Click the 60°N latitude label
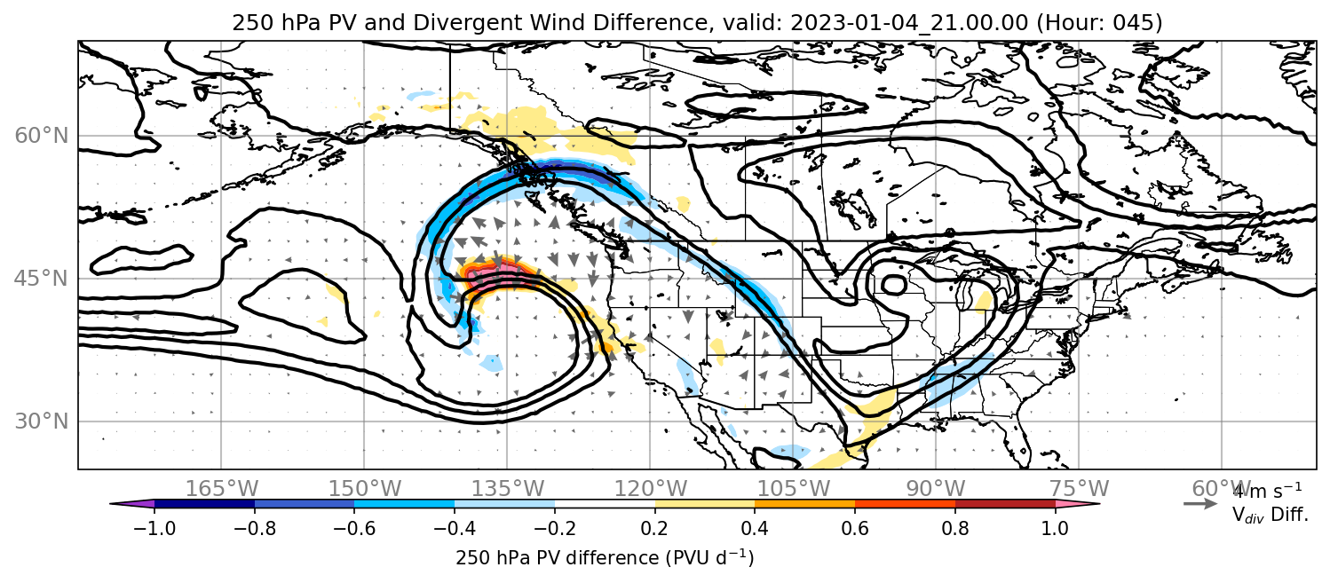(x=41, y=136)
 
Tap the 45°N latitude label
(x=41, y=279)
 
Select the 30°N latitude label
(x=41, y=421)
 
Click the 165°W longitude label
(x=221, y=489)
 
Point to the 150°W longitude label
(x=365, y=489)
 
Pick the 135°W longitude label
(x=508, y=489)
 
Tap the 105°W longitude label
(x=793, y=489)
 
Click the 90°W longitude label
(x=936, y=489)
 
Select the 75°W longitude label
(x=1079, y=489)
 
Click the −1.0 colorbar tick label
(x=154, y=528)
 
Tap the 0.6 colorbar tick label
(x=855, y=528)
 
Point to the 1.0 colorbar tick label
(x=1055, y=528)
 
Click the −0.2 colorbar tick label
(x=555, y=528)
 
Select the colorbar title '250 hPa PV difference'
(x=557, y=558)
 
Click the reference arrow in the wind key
(x=1200, y=504)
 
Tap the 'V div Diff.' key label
(x=1270, y=515)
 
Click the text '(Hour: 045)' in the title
(x=1099, y=22)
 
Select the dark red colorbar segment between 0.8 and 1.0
(x=1005, y=504)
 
